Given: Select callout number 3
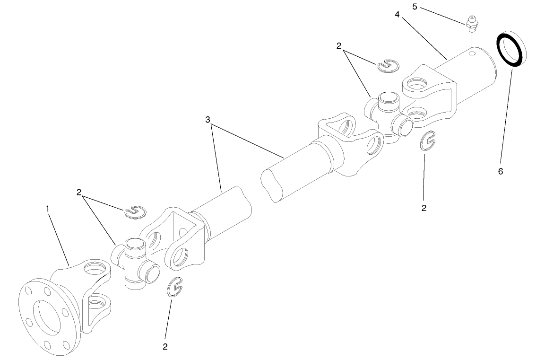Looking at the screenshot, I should pos(207,120).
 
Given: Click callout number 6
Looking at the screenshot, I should pos(501,171).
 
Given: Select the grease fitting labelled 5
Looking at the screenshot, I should pos(471,23).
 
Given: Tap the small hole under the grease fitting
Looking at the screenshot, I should pos(471,54).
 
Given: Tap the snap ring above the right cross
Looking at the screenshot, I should pos(389,66).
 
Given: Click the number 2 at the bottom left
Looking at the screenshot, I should pos(165,347).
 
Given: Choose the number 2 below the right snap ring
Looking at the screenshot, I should pos(424,208).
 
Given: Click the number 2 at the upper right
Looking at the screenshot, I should pos(339,46).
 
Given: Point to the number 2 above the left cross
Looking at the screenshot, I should pos(79,193).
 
